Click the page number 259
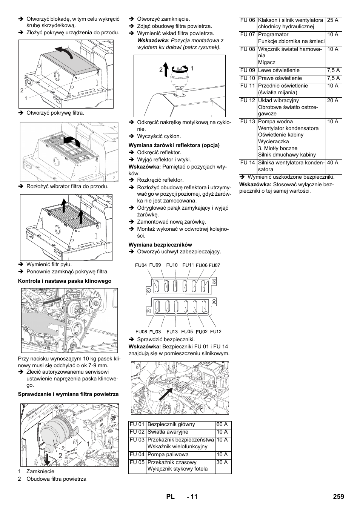click(338, 497)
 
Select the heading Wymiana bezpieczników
click(160, 245)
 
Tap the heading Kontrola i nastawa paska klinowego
click(65, 281)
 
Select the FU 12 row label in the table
click(248, 101)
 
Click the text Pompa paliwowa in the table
click(168, 455)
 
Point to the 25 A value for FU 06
click(332, 20)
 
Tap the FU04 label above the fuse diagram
click(141, 265)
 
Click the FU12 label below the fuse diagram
click(216, 332)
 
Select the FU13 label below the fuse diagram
click(172, 332)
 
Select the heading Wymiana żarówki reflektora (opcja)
click(174, 145)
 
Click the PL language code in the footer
click(170, 497)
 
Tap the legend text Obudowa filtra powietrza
click(56, 479)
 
